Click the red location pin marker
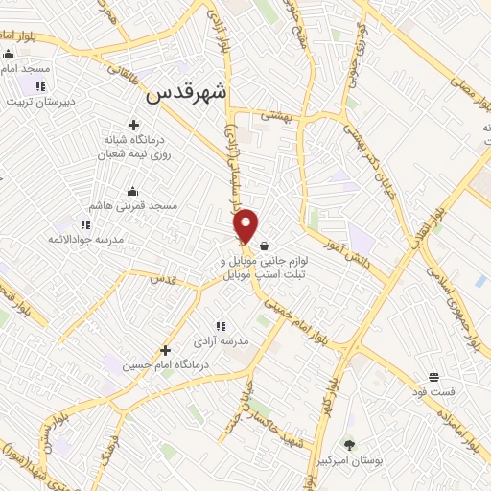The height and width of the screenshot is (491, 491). (246, 223)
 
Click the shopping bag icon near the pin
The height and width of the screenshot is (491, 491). (265, 245)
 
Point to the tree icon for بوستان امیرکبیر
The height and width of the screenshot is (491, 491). (348, 444)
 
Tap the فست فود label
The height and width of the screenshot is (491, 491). (433, 391)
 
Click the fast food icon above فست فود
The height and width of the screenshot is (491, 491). (433, 376)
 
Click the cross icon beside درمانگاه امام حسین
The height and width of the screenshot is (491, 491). (165, 350)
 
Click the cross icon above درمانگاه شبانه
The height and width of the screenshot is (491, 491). (133, 125)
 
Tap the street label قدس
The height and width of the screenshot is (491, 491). (165, 279)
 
